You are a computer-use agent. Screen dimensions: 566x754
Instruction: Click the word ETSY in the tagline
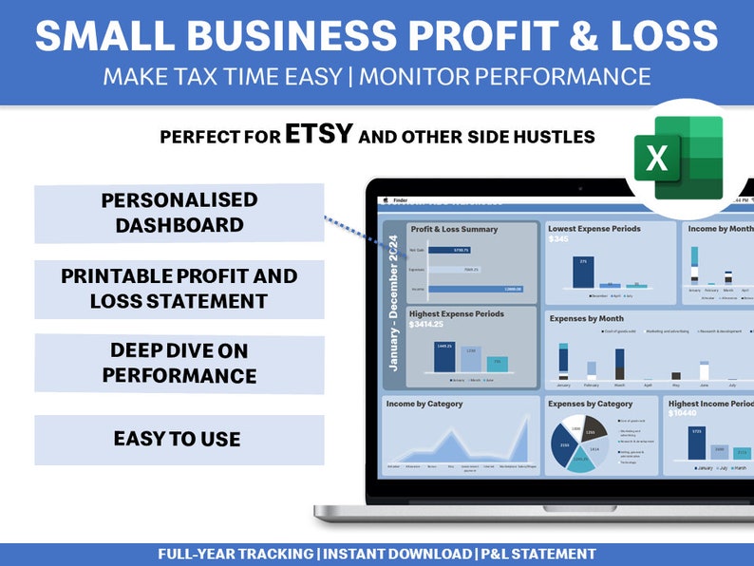pos(318,135)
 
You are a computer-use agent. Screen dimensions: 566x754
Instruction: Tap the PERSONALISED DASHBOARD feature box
pos(179,213)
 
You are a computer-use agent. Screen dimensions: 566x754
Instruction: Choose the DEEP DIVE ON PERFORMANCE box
pos(179,363)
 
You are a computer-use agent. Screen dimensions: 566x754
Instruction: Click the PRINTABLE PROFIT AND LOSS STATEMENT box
pos(179,289)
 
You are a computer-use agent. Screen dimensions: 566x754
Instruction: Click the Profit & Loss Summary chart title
pos(453,229)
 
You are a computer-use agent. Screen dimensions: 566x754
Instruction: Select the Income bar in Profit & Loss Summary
pos(475,289)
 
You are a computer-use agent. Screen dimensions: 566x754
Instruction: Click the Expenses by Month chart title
pos(586,319)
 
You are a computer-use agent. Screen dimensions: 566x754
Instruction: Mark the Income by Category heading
pos(424,404)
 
